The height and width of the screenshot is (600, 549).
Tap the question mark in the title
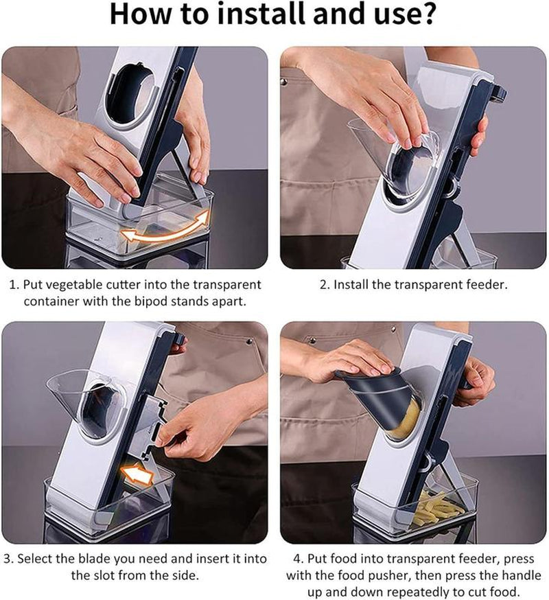(x=427, y=14)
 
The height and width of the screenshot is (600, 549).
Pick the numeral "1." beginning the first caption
(x=14, y=285)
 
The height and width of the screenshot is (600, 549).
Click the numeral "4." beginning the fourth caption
(x=299, y=559)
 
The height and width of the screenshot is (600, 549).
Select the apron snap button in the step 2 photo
(x=284, y=82)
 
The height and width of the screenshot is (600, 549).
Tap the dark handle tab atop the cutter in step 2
(x=499, y=93)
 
